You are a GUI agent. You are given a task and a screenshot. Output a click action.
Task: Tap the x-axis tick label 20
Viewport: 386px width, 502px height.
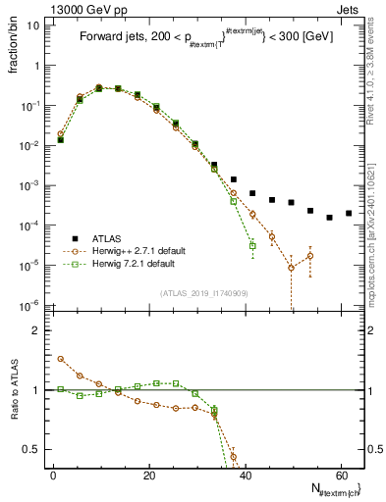pos(149,476)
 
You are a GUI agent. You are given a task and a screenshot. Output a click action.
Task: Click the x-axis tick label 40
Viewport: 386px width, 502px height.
pos(245,476)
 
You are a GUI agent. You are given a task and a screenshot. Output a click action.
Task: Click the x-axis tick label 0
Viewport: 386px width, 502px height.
pos(53,476)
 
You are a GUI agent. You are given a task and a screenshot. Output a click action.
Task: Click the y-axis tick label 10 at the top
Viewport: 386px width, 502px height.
pos(32,25)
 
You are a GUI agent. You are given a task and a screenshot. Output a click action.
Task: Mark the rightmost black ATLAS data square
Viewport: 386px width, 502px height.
pos(349,213)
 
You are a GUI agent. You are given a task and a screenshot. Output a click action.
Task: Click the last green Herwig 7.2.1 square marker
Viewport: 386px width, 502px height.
pos(252,245)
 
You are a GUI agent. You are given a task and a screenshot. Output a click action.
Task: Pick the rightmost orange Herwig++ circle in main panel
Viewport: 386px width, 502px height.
pos(310,256)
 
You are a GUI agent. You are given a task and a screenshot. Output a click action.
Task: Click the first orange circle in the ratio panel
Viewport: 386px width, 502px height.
pos(61,359)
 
